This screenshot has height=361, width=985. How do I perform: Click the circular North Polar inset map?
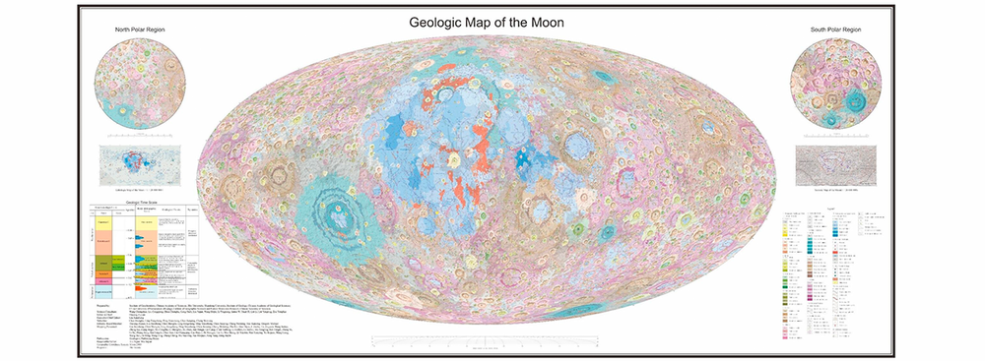(x=143, y=81)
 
